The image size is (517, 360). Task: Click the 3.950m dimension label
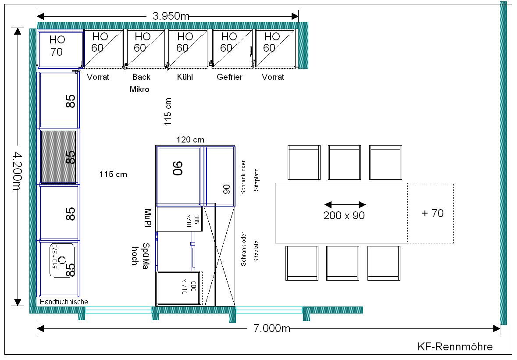tap(171, 16)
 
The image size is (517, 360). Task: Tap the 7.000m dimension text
tap(272, 328)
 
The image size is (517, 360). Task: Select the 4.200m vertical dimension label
tap(17, 171)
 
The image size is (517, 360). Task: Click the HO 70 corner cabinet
tap(61, 49)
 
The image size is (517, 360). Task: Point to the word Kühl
tap(185, 77)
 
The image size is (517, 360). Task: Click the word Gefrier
tap(229, 77)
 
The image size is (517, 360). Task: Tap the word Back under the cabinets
tap(141, 77)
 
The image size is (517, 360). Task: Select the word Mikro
tap(139, 89)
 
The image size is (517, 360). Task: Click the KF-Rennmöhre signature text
tap(455, 346)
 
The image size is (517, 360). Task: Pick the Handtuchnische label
tap(64, 302)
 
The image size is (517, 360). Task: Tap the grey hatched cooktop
tap(58, 157)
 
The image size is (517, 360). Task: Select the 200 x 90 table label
tap(344, 215)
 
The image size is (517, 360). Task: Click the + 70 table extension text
tap(433, 213)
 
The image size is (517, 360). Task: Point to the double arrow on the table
tap(345, 205)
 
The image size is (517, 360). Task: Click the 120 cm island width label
tap(190, 140)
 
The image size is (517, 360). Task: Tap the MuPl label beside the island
tap(147, 218)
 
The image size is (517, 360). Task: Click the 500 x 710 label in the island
tap(189, 288)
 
